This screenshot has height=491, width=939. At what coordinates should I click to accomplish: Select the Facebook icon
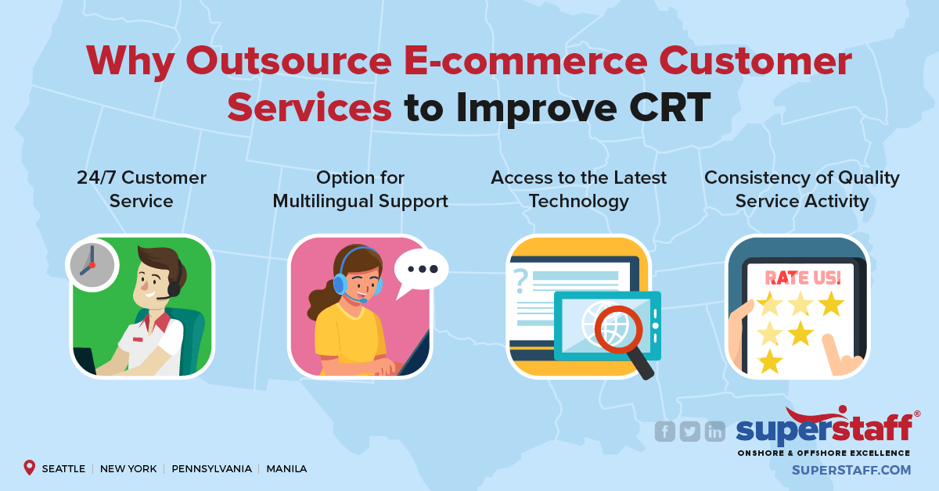click(x=665, y=431)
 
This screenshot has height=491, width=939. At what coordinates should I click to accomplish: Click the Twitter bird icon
click(x=690, y=431)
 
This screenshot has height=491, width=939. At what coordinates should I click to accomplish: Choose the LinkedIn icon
click(x=714, y=431)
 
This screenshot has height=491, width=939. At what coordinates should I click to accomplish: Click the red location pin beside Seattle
click(x=30, y=468)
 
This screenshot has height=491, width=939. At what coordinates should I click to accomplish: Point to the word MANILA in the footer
click(x=286, y=469)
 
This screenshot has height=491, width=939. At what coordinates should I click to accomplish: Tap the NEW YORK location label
click(x=128, y=469)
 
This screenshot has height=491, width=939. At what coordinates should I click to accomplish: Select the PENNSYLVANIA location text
click(x=211, y=469)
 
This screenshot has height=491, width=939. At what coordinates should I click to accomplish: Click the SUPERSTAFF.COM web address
click(x=851, y=470)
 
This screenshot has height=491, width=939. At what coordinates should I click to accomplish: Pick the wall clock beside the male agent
click(x=91, y=263)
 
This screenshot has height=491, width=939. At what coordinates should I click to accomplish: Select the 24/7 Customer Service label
click(x=142, y=189)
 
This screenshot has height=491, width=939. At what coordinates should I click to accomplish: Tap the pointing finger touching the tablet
click(x=845, y=352)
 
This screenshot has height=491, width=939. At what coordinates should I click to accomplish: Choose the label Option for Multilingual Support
click(x=360, y=189)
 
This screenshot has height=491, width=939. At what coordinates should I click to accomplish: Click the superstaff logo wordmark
click(x=823, y=428)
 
